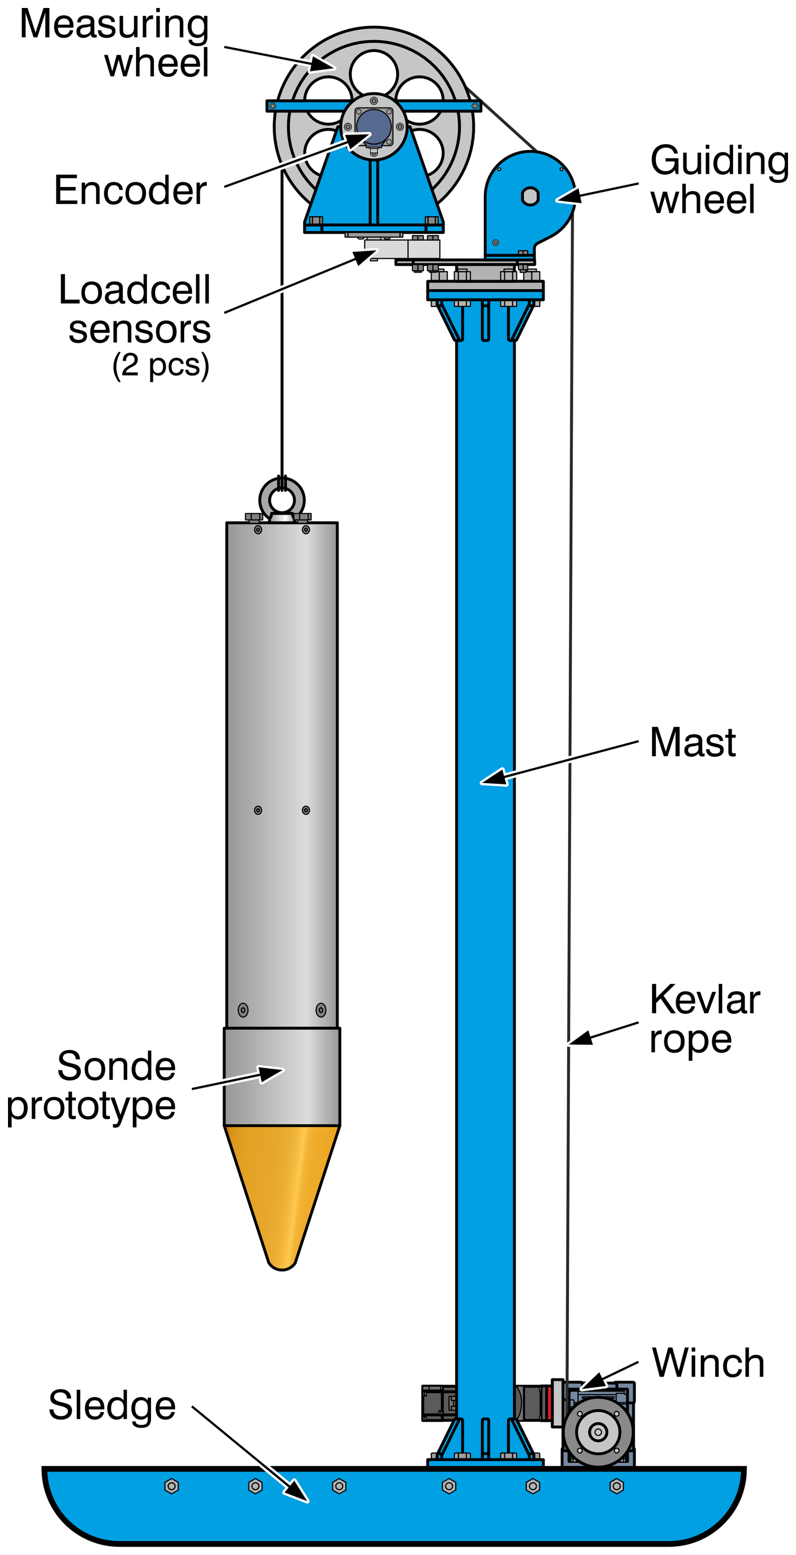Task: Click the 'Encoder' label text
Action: (130, 190)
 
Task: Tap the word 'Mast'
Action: (692, 742)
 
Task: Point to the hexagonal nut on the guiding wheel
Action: (530, 196)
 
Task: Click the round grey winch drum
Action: (597, 1432)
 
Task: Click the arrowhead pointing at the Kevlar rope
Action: (581, 1038)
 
